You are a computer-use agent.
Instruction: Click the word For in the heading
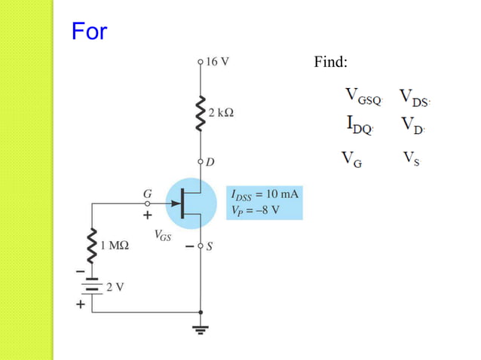coord(89,32)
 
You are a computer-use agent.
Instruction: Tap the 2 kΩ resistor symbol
coord(200,113)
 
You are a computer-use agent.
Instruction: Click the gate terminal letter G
coord(148,193)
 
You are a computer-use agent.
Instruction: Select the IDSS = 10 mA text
coord(264,194)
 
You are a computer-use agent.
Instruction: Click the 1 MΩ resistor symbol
coord(93,245)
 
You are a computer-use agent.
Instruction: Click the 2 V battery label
coord(115,287)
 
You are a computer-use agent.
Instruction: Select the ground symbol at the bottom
coord(201,329)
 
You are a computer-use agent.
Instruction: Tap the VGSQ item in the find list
coord(364,97)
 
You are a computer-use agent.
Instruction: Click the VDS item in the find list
coord(414,97)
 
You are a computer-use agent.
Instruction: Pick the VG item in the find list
coord(351,159)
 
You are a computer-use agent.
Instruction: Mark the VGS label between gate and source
coord(162,236)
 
